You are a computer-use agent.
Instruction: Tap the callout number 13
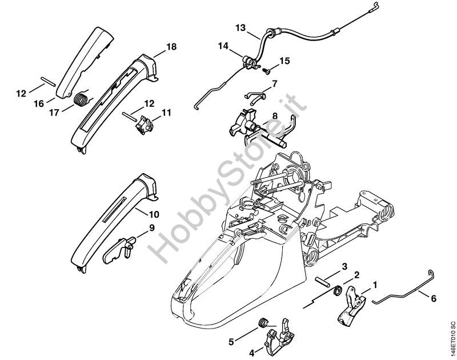pyautogui.click(x=240, y=27)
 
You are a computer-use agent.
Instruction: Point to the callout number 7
pyautogui.click(x=275, y=83)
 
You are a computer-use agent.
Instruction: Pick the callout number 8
pyautogui.click(x=275, y=115)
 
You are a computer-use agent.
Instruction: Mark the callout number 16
pyautogui.click(x=39, y=103)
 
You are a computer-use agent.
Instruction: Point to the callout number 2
pyautogui.click(x=356, y=275)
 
